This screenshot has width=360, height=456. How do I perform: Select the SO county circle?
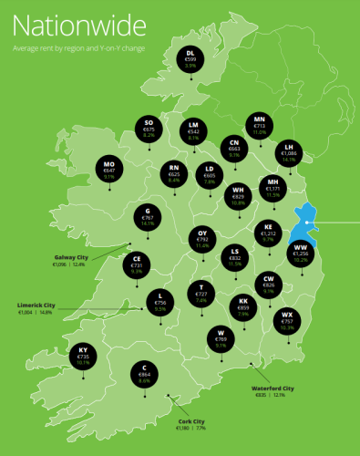149,128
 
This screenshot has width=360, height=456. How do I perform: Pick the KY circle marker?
82,356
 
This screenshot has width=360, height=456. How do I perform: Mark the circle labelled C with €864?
144,372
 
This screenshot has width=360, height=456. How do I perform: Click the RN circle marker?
173,172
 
